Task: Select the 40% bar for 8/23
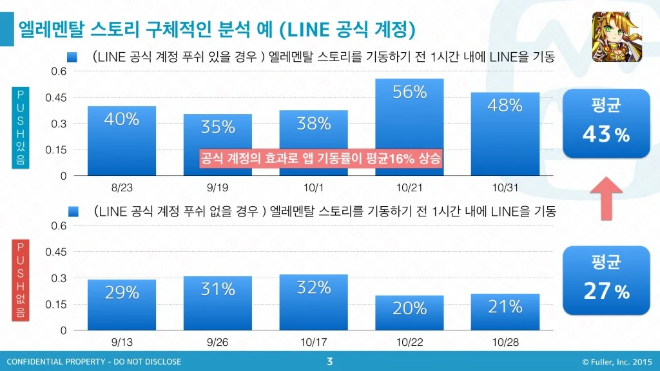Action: coord(121,141)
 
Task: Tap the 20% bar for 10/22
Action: coord(409,313)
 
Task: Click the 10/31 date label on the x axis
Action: coord(505,187)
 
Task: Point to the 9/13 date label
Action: coord(121,342)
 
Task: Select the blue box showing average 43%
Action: coord(606,123)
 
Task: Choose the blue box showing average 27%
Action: coord(606,281)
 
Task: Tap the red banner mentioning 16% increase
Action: coord(321,158)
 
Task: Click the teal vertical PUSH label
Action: coord(20,128)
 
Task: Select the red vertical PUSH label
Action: coord(20,281)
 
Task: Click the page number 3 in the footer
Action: coord(330,361)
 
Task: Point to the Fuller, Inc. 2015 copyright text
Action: coord(617,362)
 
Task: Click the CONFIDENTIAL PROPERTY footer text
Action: coord(94,362)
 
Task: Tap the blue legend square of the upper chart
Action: coord(72,58)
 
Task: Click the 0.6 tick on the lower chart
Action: coord(59,226)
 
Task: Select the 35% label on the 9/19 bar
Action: coord(218,128)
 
